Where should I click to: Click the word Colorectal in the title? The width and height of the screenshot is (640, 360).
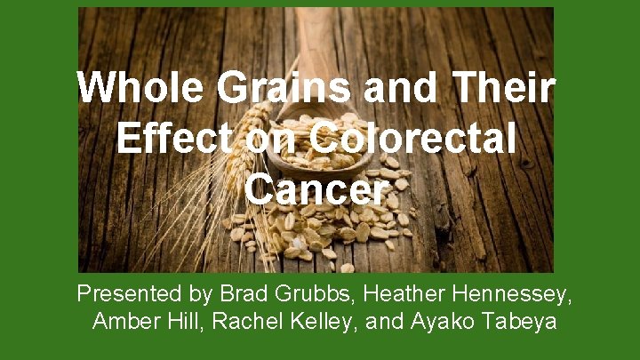click(x=413, y=140)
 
